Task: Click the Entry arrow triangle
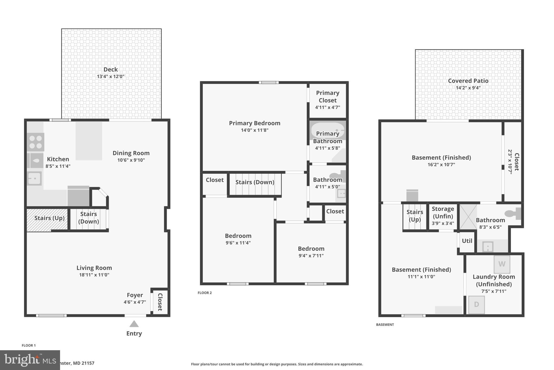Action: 134,324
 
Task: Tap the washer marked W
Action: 502,264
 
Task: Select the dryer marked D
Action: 476,304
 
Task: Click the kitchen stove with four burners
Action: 35,142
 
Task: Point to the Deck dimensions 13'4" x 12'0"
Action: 111,76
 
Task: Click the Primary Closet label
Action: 328,96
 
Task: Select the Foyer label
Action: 135,295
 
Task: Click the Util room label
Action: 467,241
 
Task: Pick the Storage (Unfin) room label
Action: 443,213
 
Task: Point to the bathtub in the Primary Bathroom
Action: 327,130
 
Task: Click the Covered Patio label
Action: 468,81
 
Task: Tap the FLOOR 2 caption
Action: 205,293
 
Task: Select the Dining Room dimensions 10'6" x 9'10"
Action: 131,160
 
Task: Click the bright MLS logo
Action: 30,360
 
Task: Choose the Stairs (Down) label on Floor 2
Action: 255,182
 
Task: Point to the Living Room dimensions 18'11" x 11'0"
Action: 94,275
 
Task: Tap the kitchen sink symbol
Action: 35,178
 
